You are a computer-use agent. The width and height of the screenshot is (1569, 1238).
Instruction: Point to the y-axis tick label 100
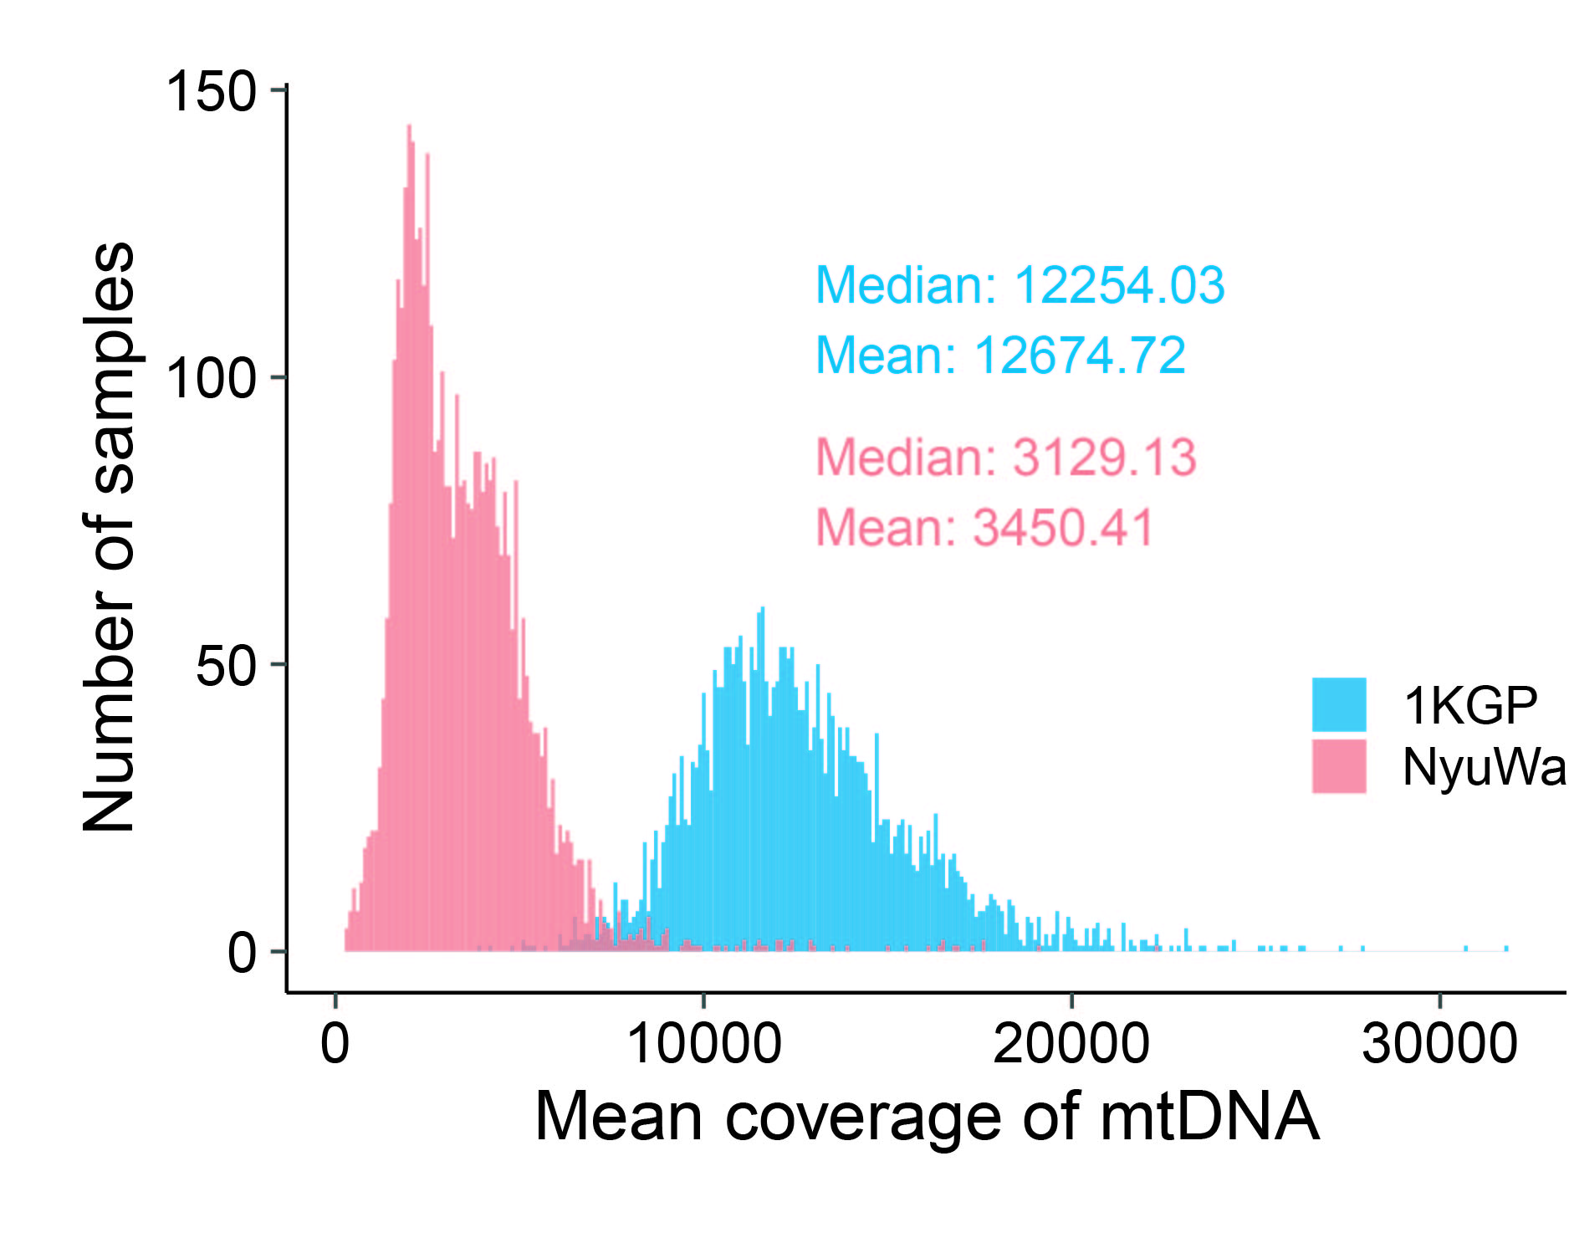211,378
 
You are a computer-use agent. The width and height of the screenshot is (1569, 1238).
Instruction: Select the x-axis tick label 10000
703,1043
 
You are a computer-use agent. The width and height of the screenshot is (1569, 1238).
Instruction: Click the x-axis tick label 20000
1071,1043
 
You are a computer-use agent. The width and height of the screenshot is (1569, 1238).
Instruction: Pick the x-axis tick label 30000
1439,1043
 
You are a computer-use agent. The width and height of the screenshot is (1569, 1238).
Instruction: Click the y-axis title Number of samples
109,537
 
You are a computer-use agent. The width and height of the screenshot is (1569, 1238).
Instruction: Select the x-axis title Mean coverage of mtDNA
926,1116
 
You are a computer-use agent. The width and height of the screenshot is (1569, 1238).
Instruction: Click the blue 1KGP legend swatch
1338,704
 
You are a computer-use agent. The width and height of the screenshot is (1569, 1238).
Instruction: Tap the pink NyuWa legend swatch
1338,765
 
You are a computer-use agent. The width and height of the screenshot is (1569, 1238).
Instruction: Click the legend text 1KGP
1469,705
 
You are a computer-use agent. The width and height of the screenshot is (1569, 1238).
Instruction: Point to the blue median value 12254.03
1119,285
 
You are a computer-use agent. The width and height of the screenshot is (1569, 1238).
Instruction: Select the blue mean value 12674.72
1080,355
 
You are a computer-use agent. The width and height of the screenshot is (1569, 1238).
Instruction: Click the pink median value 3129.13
1104,458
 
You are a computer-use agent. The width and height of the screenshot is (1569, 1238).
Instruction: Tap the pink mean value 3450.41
1063,528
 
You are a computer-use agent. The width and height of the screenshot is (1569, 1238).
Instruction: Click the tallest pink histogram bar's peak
409,127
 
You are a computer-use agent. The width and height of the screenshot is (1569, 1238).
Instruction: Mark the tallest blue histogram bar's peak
762,609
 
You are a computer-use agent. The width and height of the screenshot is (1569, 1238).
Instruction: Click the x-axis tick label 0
335,1043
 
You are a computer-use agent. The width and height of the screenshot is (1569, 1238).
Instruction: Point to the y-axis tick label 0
242,953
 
